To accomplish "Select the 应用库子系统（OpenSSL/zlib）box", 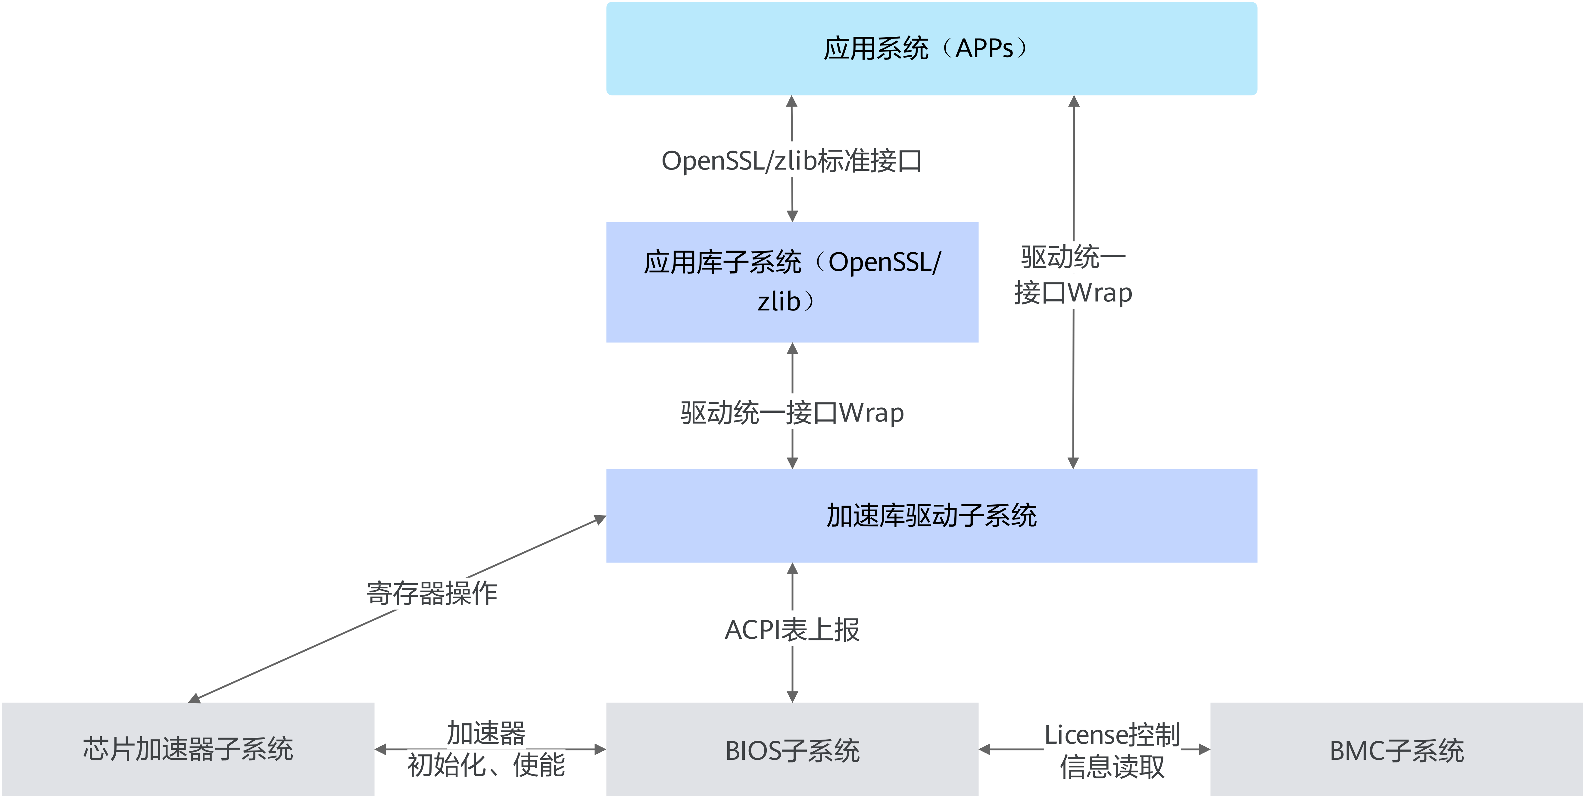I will [x=792, y=282].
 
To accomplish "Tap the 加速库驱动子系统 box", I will [x=931, y=516].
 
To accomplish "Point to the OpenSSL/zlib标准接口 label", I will [x=792, y=160].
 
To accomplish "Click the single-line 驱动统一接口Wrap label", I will [x=792, y=412].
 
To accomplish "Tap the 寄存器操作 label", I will [x=432, y=593].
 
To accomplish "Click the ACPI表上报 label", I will [x=792, y=629].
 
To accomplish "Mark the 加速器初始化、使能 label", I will [x=486, y=749].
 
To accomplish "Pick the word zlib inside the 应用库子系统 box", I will [x=778, y=301].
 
